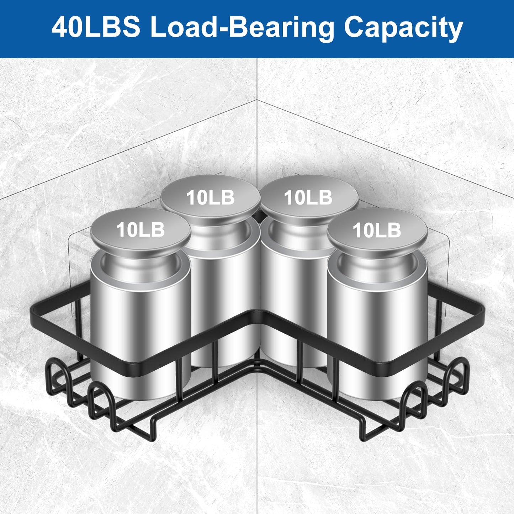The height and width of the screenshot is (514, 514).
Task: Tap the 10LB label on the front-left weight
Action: point(140,230)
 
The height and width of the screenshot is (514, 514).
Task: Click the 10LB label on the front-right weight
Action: point(377,230)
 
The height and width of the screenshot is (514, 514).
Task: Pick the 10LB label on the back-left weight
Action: point(210,197)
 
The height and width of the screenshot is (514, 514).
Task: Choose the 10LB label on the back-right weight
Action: point(308,197)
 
